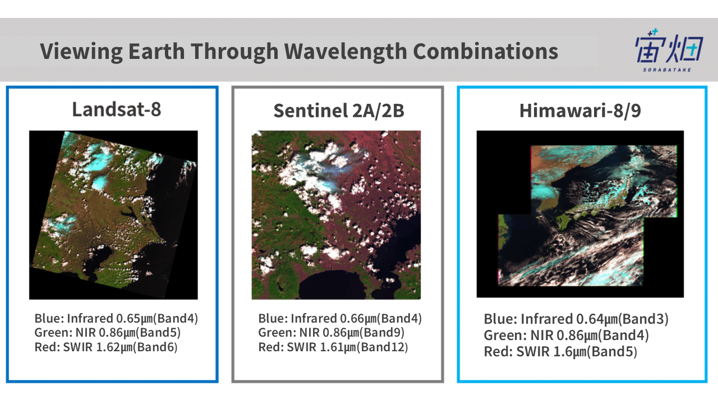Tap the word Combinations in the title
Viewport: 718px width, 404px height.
click(x=486, y=51)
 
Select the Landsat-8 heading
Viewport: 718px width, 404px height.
click(x=116, y=109)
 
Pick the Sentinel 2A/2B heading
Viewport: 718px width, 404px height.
click(x=338, y=111)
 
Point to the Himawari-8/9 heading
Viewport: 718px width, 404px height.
click(x=580, y=111)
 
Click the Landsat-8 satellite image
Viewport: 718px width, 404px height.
click(x=113, y=215)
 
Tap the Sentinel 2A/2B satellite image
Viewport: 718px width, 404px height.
click(x=336, y=215)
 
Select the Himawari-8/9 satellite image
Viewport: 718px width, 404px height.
click(x=580, y=214)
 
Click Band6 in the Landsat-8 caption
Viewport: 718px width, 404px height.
click(x=155, y=347)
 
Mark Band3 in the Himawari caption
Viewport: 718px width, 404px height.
click(x=643, y=319)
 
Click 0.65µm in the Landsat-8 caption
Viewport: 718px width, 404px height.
click(x=134, y=319)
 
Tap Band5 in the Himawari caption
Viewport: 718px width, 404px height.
click(x=611, y=352)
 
